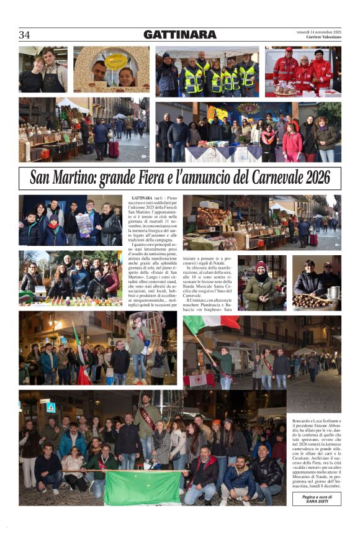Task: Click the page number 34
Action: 25,35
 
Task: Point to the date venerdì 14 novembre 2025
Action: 318,33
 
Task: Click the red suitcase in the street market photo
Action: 114,148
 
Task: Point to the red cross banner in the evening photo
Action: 199,379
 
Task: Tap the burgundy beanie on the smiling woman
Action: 261,265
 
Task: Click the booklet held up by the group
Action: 84,225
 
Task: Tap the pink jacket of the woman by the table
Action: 292,143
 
